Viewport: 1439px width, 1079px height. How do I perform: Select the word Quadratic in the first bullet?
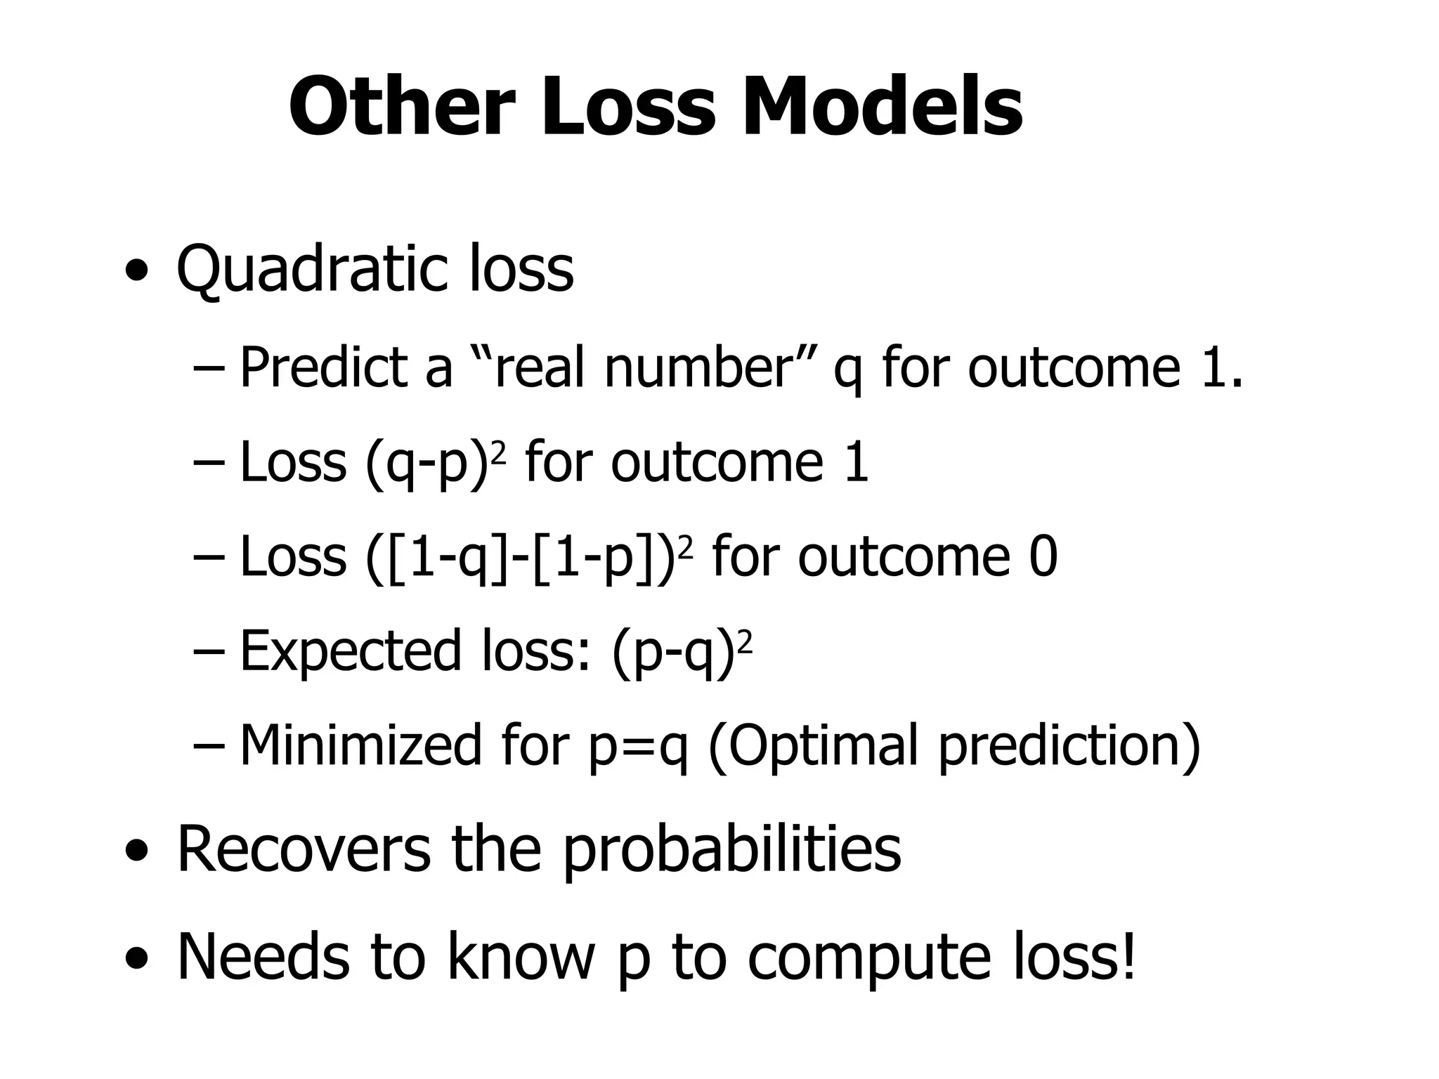(x=311, y=270)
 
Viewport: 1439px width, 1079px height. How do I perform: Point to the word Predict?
(x=324, y=367)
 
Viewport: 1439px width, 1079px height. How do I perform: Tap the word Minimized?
(x=360, y=745)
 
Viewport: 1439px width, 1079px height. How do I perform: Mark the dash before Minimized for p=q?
(x=208, y=746)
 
